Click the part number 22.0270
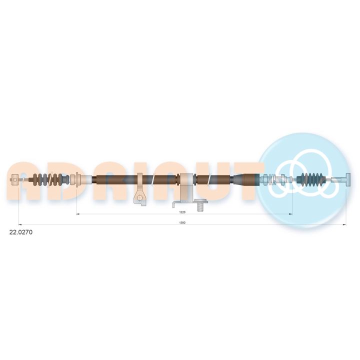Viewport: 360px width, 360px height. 21,232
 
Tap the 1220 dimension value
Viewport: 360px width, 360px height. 182,212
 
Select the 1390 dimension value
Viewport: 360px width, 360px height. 182,222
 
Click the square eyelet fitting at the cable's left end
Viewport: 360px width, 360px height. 15,179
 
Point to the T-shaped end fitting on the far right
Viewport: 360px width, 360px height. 344,179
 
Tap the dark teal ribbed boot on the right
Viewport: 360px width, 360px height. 311,179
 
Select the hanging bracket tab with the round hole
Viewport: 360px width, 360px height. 139,197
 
